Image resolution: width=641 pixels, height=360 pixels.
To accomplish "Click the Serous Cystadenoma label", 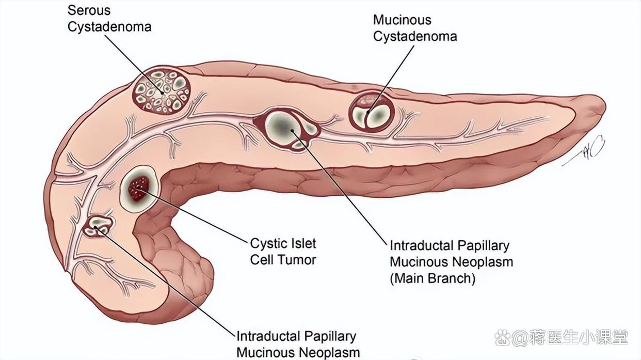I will pos(109,18).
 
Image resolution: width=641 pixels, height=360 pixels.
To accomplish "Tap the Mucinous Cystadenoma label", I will pos(414,28).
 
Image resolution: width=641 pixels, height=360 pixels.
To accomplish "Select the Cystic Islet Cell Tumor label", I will pos(283,251).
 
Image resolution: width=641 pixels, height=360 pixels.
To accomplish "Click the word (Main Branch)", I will pos(432,278).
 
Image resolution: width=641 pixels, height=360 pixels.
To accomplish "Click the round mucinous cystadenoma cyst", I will pos(372,111).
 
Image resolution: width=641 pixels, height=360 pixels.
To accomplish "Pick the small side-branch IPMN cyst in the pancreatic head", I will pos(98,226).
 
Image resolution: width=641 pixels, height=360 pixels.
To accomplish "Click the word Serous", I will pos(89,10).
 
